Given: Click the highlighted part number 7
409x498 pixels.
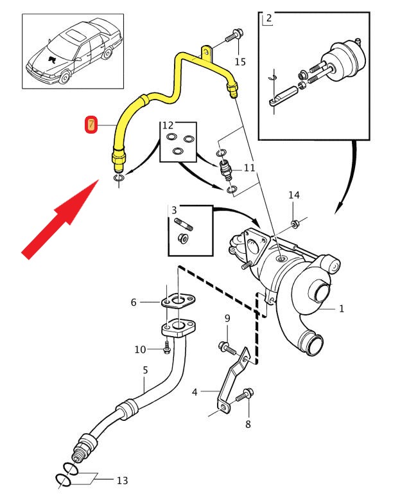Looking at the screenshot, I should point(91,123).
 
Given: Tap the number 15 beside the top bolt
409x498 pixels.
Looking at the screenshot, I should point(240,62).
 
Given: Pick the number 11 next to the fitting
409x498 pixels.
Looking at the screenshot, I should point(249,168).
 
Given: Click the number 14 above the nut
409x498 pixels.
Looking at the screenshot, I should point(293,195).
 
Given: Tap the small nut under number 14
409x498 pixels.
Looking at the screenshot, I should point(295,224).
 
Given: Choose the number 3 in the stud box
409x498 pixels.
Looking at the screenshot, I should point(173,210).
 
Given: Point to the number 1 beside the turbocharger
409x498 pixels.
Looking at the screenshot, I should point(342,308).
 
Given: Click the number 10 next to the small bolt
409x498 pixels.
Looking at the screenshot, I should point(141,349).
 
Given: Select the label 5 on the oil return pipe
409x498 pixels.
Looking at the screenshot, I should point(145,370).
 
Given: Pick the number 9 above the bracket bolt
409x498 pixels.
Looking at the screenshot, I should point(227,319).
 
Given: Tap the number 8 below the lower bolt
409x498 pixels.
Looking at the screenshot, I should point(248,424).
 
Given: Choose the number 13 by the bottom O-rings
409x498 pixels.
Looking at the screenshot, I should point(122,480).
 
